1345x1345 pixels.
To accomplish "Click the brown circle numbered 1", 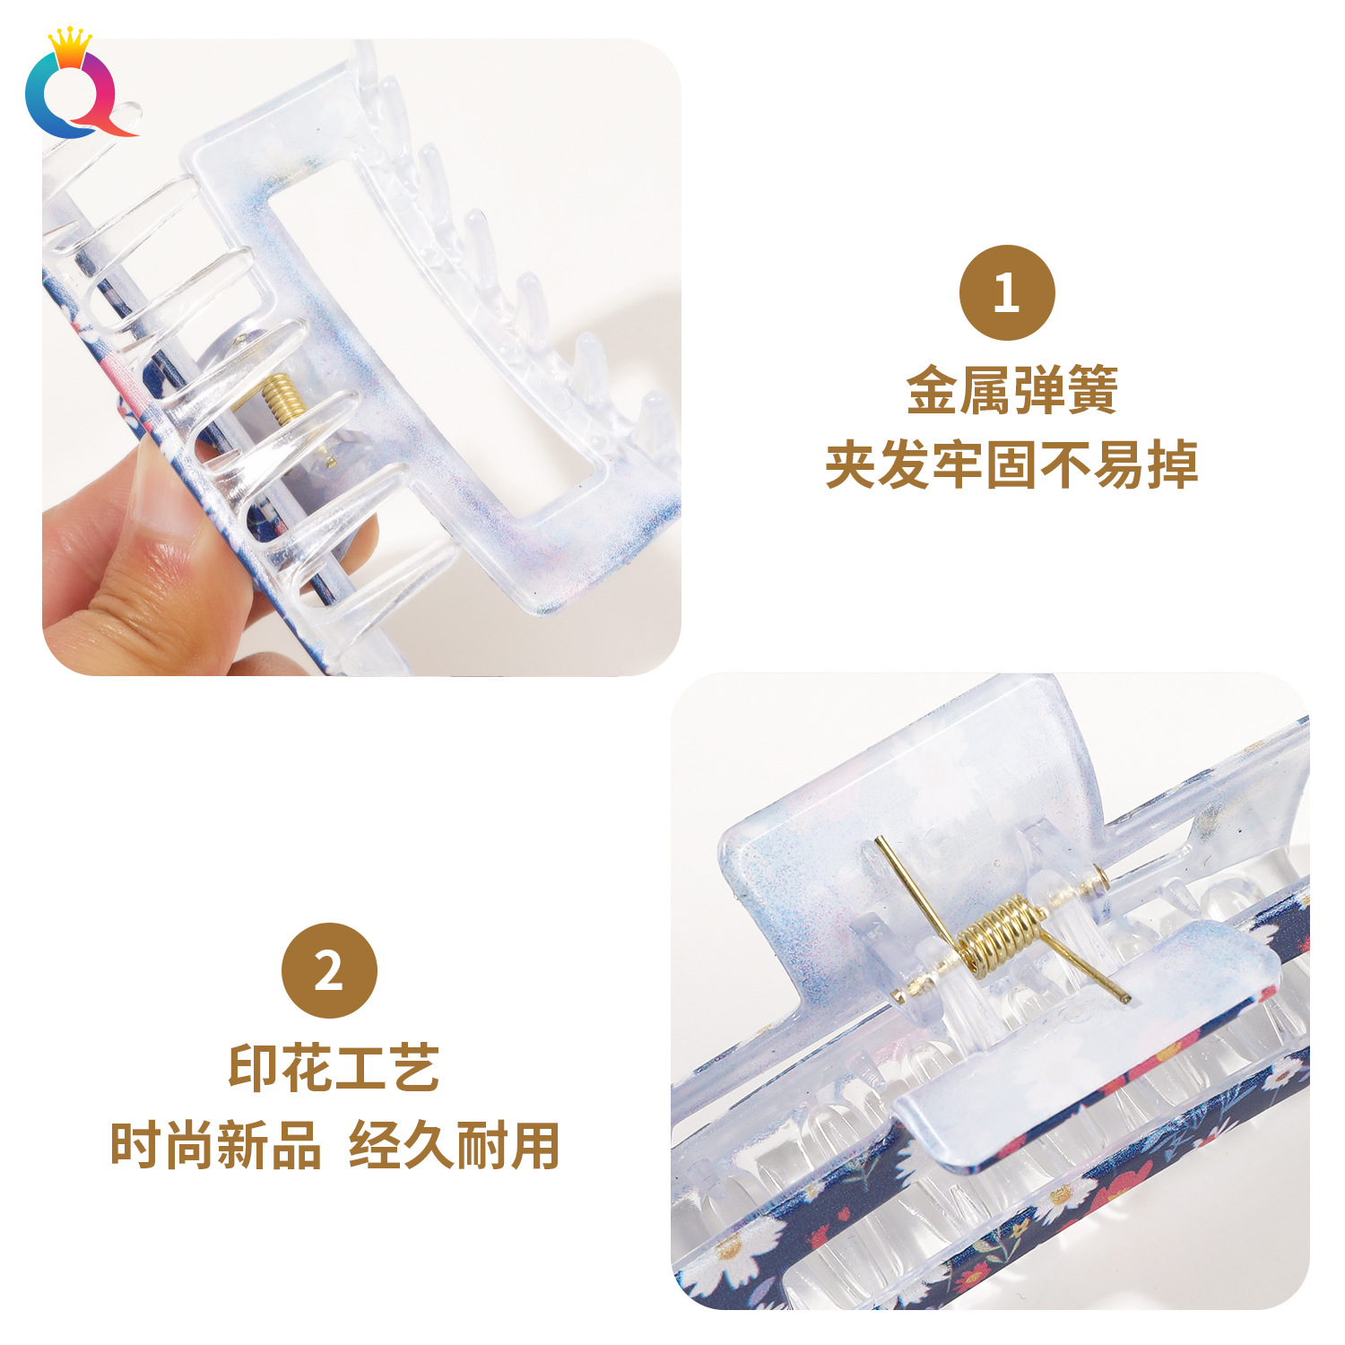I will [1007, 292].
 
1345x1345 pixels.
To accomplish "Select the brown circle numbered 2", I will [329, 970].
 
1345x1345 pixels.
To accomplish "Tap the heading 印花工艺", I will [334, 1068].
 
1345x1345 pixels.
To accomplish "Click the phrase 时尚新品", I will [215, 1145].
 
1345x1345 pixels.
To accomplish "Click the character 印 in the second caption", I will [255, 1068].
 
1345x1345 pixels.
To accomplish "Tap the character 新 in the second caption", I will [242, 1145].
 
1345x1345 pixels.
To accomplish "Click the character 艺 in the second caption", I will [413, 1068].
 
